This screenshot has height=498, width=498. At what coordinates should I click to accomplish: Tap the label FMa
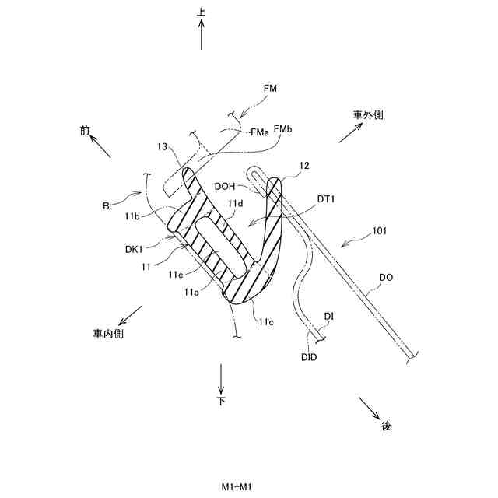tap(260, 132)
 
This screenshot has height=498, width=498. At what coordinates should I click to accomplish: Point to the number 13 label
tap(162, 146)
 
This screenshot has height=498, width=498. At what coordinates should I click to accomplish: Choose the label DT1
tap(325, 199)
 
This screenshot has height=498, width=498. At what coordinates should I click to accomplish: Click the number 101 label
tap(380, 230)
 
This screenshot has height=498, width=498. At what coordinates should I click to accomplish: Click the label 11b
tap(131, 216)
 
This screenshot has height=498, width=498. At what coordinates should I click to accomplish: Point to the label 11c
tap(265, 321)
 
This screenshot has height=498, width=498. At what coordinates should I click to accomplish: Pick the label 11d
tap(235, 204)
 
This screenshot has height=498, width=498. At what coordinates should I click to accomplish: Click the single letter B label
tap(107, 206)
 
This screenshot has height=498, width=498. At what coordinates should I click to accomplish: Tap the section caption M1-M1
tap(237, 486)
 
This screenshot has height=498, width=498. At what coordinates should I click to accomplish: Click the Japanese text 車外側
tap(368, 114)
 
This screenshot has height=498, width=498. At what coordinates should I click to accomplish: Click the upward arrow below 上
tap(202, 34)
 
